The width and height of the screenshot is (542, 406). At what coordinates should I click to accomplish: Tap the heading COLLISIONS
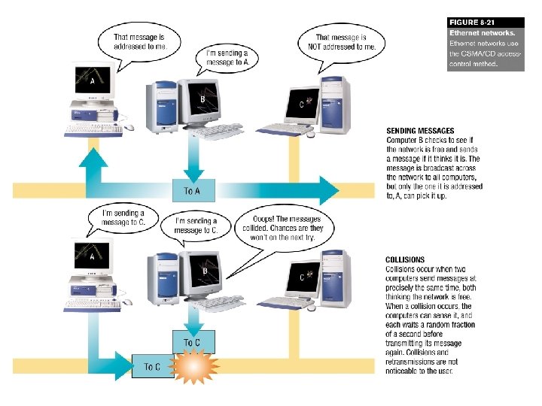pyautogui.click(x=405, y=260)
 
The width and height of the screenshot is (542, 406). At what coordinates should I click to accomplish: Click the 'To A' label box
pyautogui.click(x=192, y=190)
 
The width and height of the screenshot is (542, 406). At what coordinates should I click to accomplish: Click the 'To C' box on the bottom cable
pyautogui.click(x=152, y=367)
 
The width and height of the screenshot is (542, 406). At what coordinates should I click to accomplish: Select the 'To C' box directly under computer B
pyautogui.click(x=192, y=342)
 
